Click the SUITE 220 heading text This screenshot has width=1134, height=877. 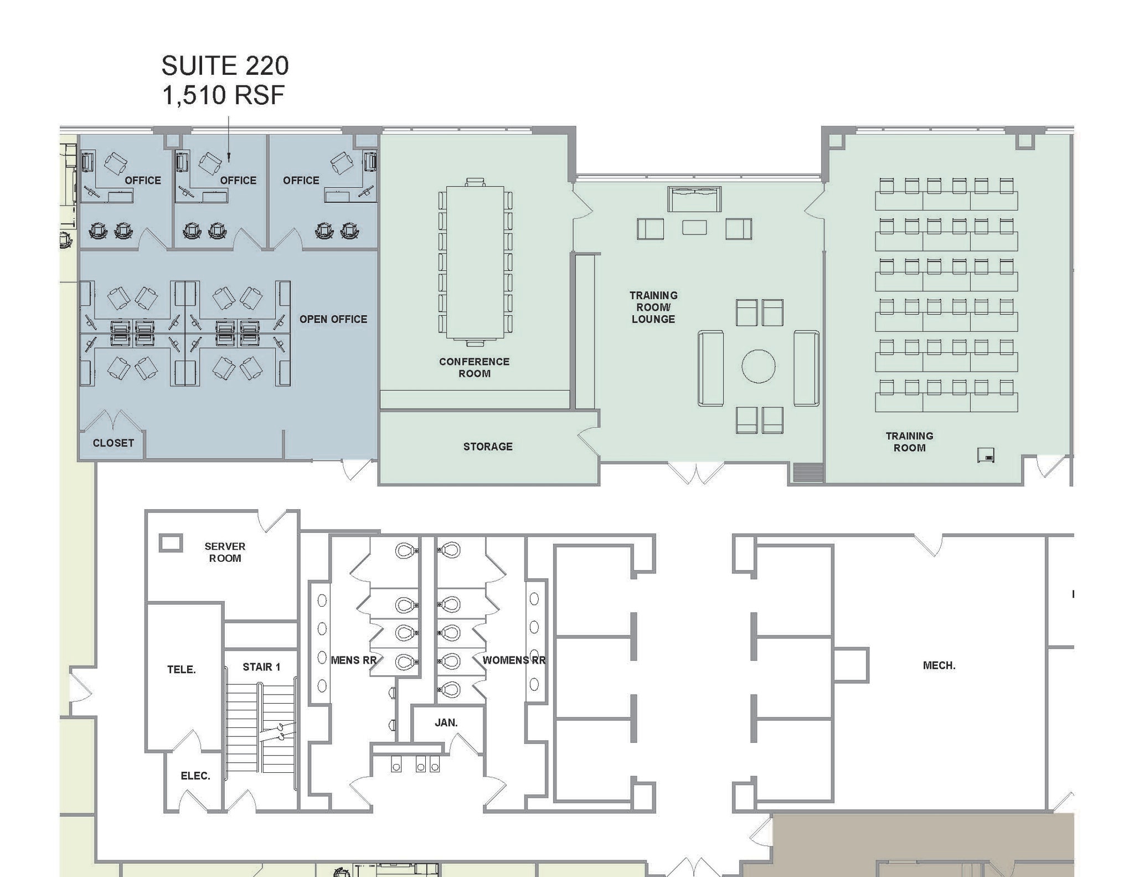click(225, 66)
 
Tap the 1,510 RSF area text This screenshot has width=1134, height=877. click(223, 95)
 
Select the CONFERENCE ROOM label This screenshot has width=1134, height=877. click(474, 367)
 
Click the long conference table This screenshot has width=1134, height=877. click(475, 261)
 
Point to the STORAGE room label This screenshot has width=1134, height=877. click(488, 447)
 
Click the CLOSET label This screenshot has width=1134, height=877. click(113, 443)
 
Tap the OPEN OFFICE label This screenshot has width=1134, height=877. click(333, 319)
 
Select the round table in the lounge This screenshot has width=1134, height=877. click(758, 366)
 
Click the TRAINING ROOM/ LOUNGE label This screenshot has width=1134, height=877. click(653, 307)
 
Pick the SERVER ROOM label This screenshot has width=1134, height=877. click(225, 552)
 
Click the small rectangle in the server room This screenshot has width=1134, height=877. click(171, 542)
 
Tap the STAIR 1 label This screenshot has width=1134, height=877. click(261, 667)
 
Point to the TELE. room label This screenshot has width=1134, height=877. click(182, 670)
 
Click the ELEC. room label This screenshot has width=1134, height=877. click(195, 776)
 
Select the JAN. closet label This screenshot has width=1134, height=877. click(446, 723)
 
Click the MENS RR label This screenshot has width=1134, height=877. click(353, 660)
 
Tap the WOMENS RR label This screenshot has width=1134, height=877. click(514, 660)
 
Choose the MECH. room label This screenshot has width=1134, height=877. click(939, 665)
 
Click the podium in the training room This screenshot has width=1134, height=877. click(986, 455)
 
